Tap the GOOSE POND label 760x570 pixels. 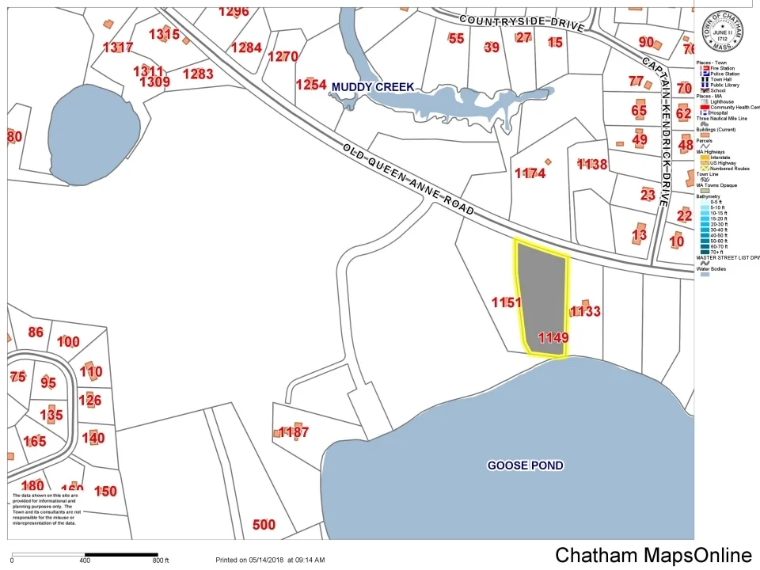(x=525, y=465)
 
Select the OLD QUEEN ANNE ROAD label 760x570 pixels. (x=409, y=180)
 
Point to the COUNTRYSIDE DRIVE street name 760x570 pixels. (x=520, y=21)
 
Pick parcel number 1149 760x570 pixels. (x=553, y=337)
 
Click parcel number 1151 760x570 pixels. (x=506, y=302)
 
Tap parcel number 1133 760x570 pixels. (x=585, y=312)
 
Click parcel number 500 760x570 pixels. (x=264, y=525)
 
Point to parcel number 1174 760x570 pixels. (x=530, y=173)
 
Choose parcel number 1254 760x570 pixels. (x=311, y=85)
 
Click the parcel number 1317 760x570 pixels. (x=118, y=47)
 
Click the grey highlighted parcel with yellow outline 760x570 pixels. (x=541, y=293)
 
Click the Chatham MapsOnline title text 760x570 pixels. (x=653, y=555)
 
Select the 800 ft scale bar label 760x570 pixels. (x=160, y=560)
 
